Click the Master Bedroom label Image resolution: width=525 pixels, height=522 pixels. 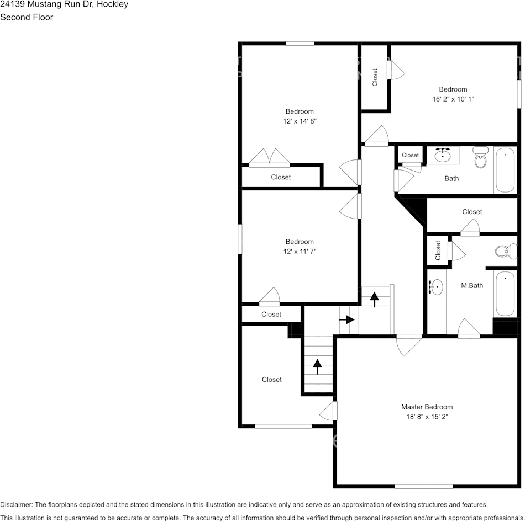427,407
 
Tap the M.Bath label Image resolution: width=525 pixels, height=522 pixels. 472,286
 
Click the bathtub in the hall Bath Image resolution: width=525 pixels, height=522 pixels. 505,170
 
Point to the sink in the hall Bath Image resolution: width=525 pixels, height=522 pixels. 443,155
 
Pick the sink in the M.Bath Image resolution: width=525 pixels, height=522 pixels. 436,287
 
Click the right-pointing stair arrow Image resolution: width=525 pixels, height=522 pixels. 347,319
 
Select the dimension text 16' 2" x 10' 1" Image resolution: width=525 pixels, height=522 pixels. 453,99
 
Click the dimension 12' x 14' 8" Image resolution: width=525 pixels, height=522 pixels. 300,121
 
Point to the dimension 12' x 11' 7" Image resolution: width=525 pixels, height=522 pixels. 300,251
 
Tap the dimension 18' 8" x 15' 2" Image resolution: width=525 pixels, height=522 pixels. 427,417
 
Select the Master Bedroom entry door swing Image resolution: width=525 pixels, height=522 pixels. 408,345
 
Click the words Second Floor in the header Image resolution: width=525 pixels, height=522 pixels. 27,17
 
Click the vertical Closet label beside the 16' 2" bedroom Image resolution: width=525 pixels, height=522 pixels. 375,77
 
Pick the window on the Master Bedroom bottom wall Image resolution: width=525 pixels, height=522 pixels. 423,487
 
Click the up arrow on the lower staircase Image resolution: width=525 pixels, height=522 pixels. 317,366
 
